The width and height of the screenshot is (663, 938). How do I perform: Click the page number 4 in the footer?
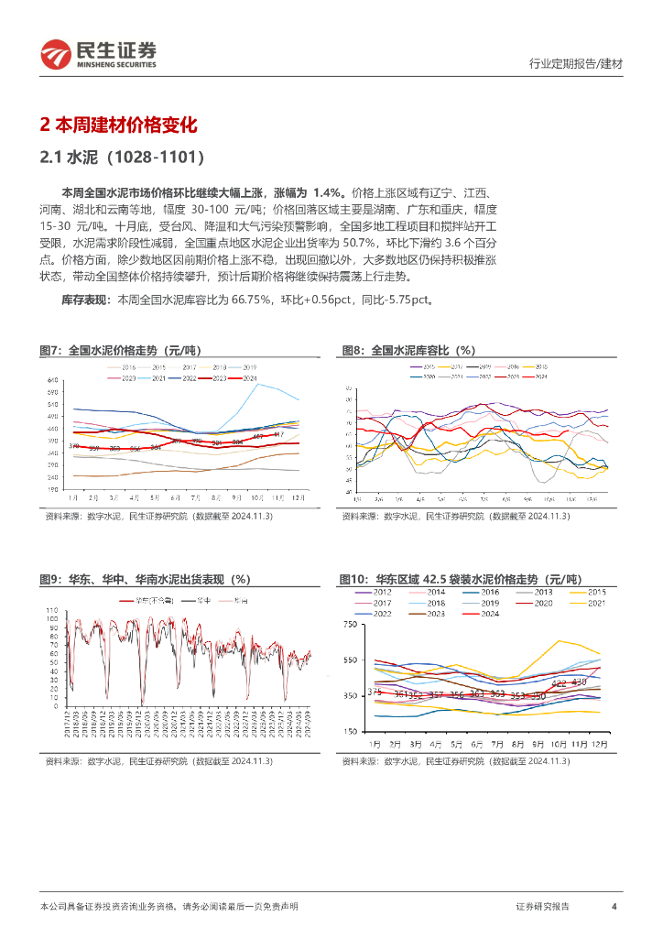[x=614, y=906]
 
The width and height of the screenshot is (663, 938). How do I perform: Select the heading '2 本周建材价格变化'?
[x=119, y=125]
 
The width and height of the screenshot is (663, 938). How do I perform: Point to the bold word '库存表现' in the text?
[x=82, y=300]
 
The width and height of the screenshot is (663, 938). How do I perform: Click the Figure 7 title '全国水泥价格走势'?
[x=120, y=350]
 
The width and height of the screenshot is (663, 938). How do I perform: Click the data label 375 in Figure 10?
[x=374, y=691]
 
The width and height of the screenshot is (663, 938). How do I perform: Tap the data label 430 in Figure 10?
[x=578, y=682]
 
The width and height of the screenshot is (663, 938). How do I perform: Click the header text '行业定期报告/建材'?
[x=576, y=64]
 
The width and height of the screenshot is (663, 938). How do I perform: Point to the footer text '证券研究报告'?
[x=542, y=906]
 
